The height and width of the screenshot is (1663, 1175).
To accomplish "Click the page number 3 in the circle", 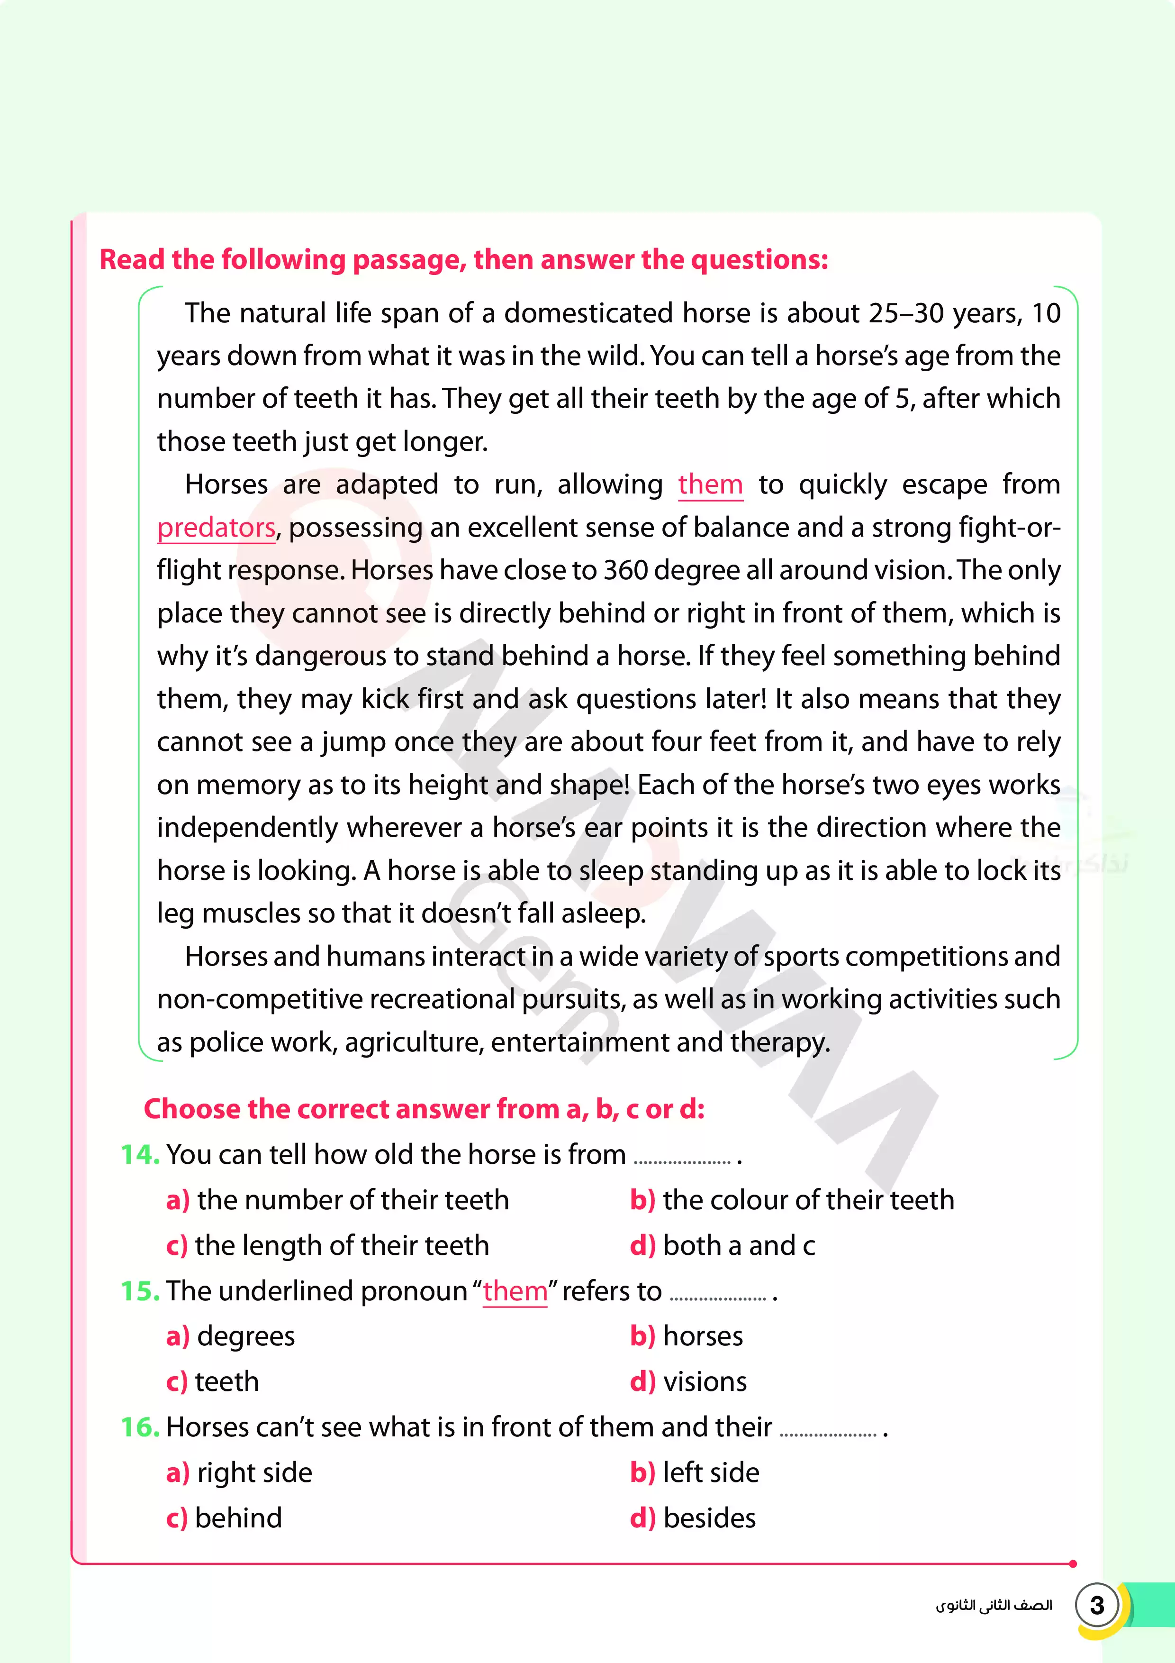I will (1097, 1605).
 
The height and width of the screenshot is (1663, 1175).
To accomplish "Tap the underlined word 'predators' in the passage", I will (216, 527).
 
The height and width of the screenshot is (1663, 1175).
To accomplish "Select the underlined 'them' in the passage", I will (710, 484).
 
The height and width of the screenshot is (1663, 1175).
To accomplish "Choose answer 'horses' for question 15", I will (702, 1335).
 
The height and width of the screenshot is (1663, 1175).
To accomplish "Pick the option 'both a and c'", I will (739, 1245).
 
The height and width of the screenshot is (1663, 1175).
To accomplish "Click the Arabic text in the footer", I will (993, 1606).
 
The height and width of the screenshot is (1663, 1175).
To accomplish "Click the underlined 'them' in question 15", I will (515, 1291).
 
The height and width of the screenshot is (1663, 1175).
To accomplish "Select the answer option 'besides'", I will (709, 1517).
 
